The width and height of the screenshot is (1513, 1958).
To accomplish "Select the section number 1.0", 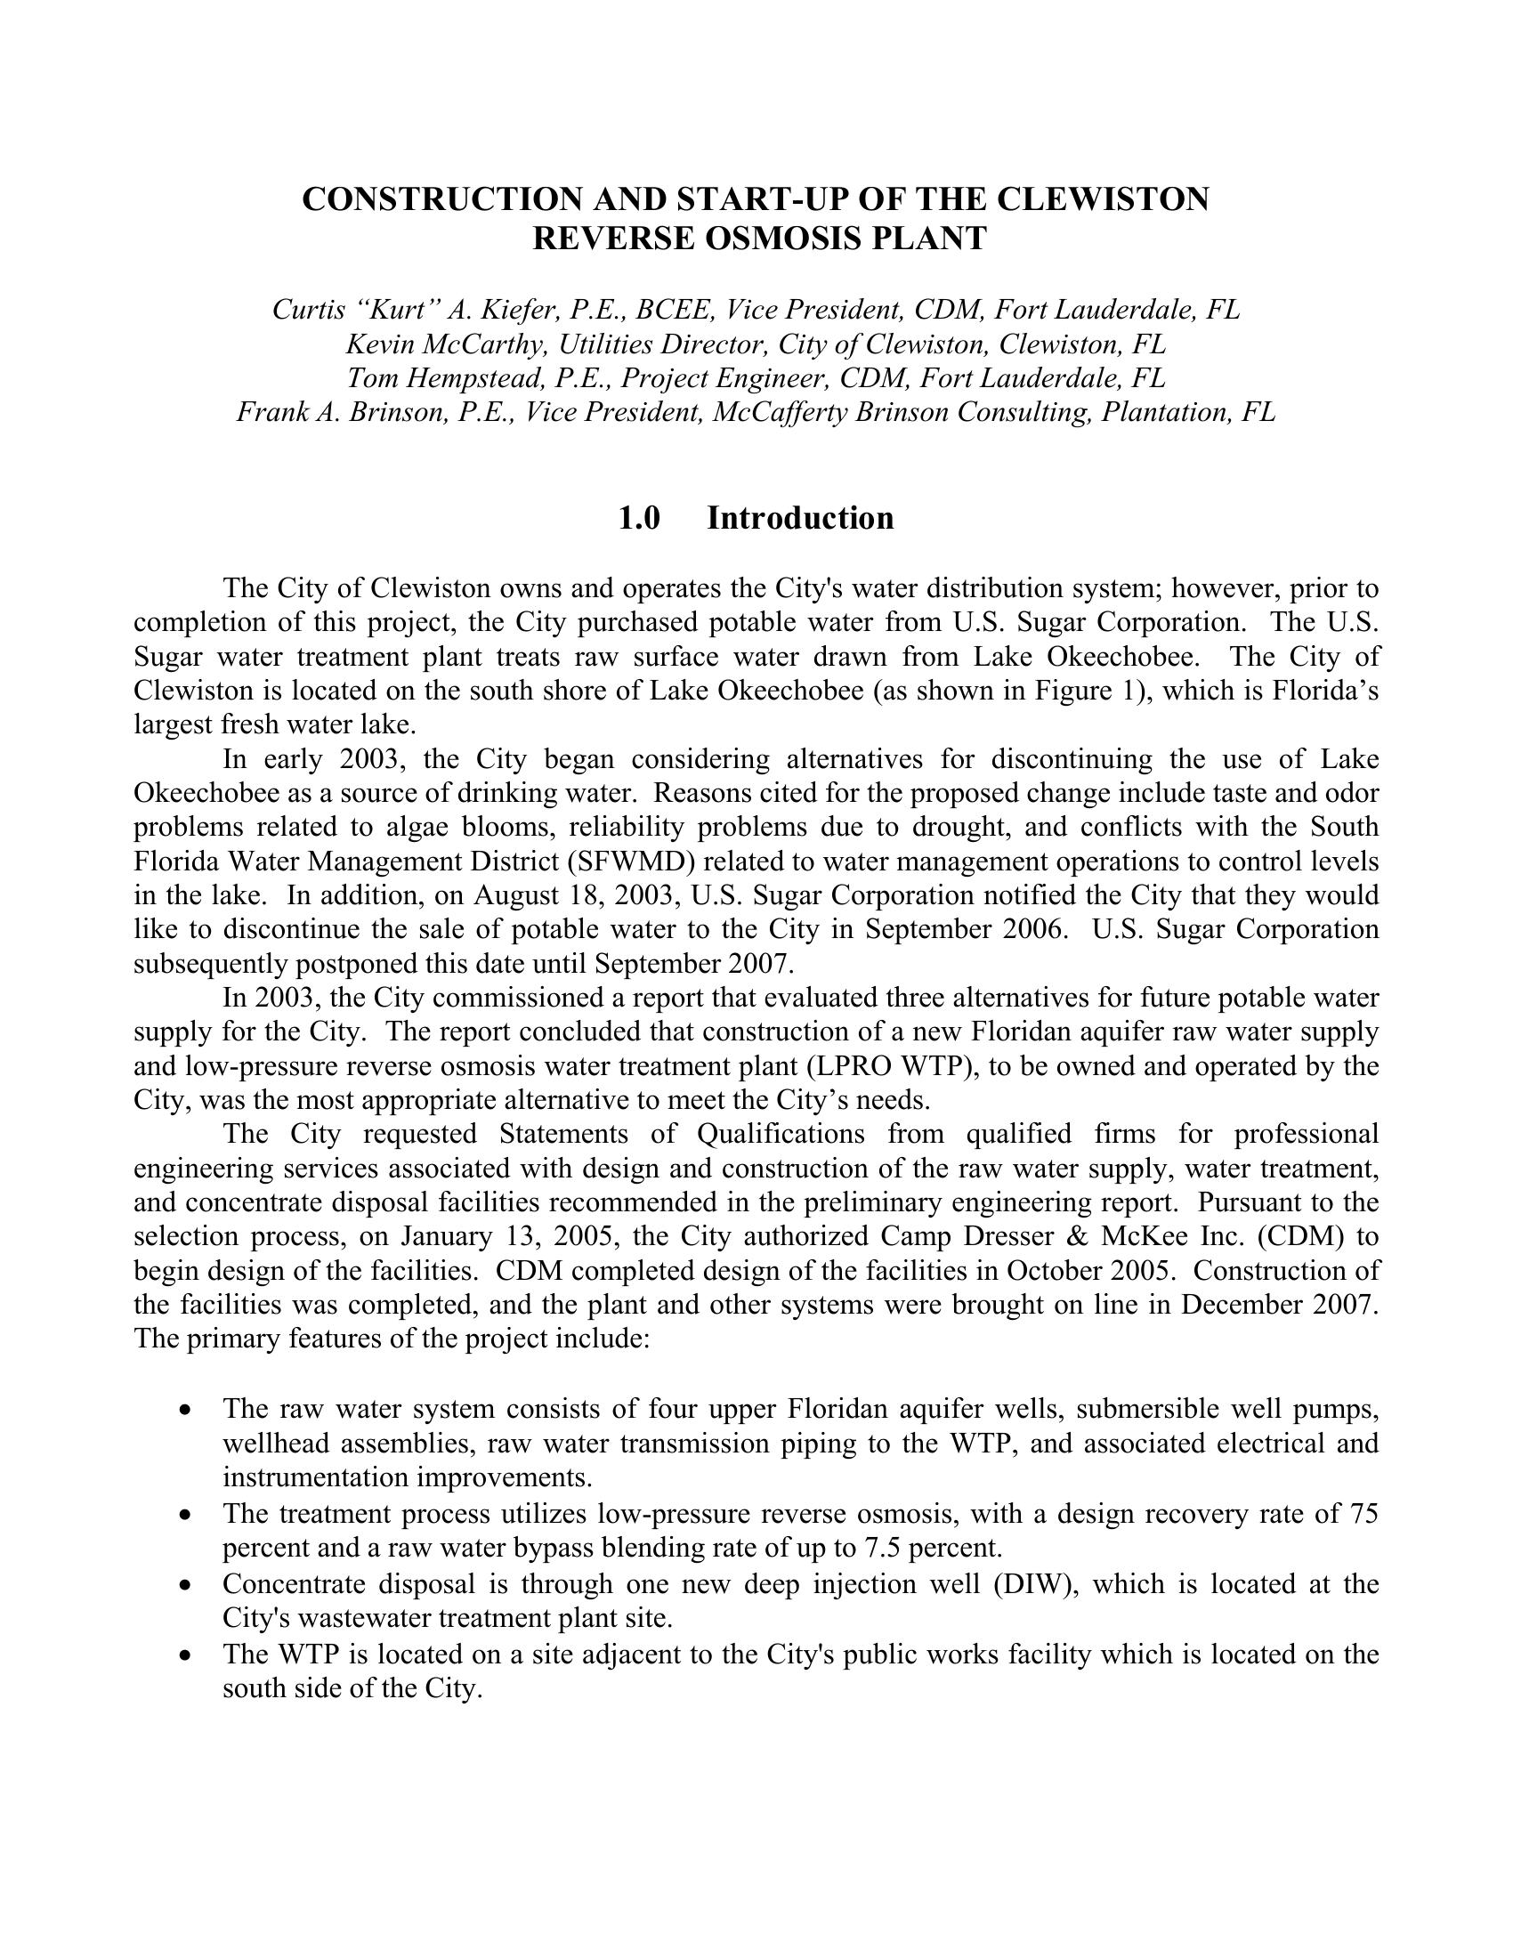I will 639,518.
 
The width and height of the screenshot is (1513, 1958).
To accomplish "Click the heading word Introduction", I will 800,518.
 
